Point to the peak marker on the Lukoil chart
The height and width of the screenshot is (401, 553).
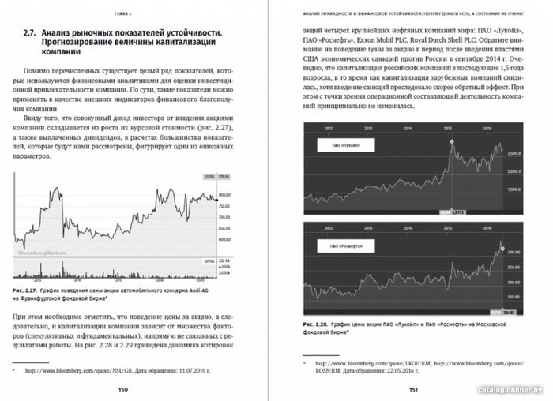[x=452, y=142]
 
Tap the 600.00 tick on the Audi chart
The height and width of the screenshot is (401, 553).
[x=224, y=236]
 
